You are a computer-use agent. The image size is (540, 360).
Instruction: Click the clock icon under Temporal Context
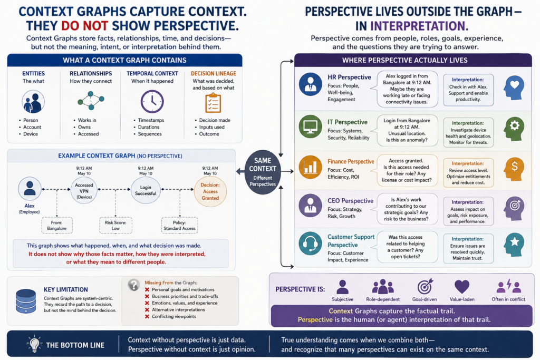pos(152,102)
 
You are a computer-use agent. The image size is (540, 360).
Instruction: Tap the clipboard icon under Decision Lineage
pos(213,103)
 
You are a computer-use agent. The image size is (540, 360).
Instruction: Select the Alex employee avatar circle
pos(30,189)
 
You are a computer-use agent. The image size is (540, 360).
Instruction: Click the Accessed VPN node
pos(84,190)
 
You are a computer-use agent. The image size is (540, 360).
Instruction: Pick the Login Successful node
pos(146,190)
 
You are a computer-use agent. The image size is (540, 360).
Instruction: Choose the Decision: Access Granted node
pos(210,191)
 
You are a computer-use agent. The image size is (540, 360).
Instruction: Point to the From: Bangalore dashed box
pos(57,226)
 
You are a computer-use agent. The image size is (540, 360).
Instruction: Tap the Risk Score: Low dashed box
pos(115,226)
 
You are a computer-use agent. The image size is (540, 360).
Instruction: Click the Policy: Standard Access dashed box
pos(179,226)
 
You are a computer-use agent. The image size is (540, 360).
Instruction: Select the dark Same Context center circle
pos(263,172)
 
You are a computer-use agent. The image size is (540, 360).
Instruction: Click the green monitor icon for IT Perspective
pos(310,127)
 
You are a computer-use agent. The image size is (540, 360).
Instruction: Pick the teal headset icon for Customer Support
pos(310,244)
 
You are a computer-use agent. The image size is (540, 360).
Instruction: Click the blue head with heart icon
pos(514,87)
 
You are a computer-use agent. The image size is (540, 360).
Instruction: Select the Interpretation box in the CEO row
pos(468,211)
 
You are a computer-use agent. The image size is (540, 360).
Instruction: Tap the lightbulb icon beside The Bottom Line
pos(34,344)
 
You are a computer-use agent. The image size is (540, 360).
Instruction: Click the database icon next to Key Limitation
pos(26,301)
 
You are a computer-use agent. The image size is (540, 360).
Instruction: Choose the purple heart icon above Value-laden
pos(462,287)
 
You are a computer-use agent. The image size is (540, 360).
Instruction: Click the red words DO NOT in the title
pos(84,26)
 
